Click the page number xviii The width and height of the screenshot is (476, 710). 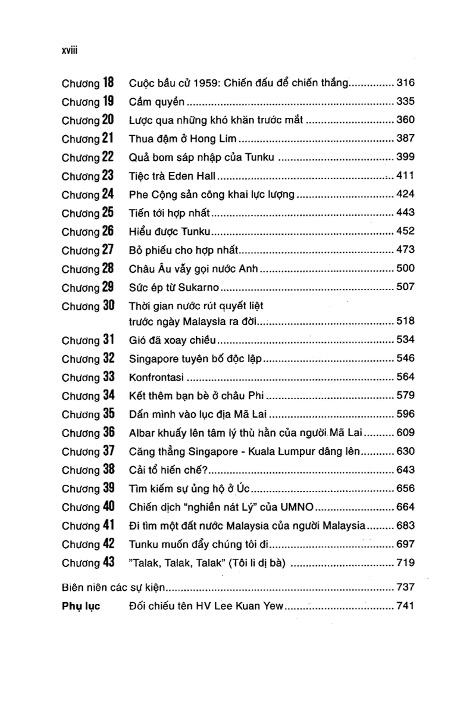71,52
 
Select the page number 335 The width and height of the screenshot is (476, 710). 405,101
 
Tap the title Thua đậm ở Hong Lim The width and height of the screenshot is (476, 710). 183,139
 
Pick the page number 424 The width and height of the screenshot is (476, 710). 405,194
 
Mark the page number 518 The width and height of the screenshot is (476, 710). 405,322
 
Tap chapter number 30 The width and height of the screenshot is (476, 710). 108,306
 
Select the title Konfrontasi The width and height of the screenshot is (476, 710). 156,377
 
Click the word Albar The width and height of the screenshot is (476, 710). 140,432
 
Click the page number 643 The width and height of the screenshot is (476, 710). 405,469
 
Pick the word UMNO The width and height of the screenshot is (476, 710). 297,507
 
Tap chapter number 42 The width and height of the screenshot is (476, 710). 108,543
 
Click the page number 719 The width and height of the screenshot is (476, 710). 405,562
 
